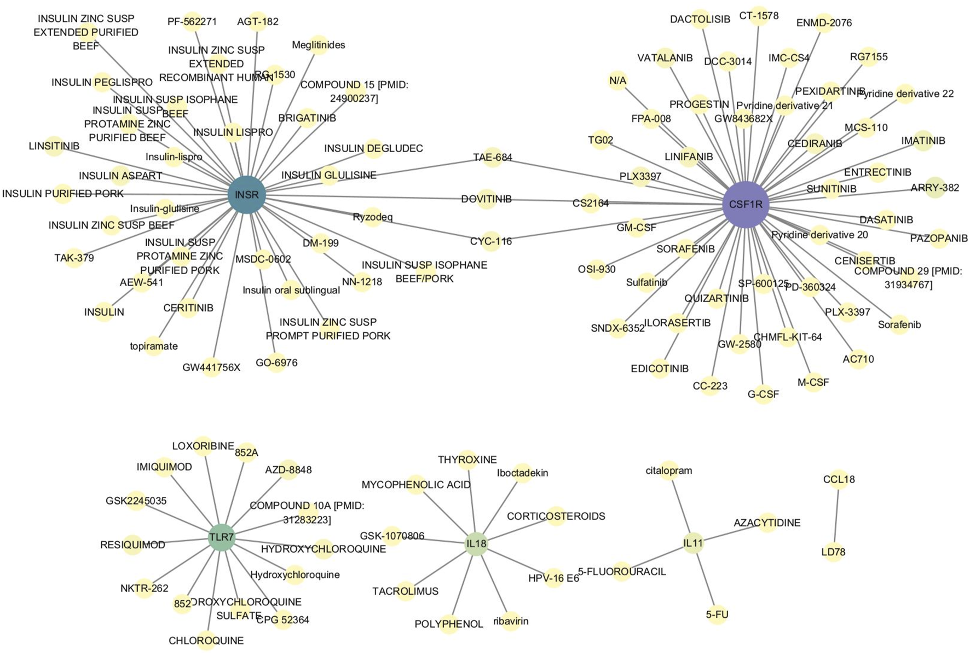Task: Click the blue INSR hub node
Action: [x=247, y=195]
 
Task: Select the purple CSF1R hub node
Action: [x=746, y=205]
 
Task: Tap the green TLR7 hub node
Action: [x=221, y=538]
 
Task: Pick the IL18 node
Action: [x=476, y=544]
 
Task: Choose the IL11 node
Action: [x=693, y=543]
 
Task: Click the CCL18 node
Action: [x=839, y=480]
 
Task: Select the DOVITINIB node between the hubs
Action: [x=486, y=199]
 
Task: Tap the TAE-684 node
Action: [x=493, y=158]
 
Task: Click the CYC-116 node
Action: [x=491, y=241]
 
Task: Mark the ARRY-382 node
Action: [x=935, y=188]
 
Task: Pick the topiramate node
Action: [x=154, y=346]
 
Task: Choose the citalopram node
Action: [x=669, y=471]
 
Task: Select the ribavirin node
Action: [x=510, y=621]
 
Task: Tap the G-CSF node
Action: [x=763, y=395]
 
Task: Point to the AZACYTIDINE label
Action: [x=767, y=523]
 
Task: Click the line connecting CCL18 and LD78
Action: [x=836, y=516]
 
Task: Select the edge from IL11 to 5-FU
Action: [x=705, y=578]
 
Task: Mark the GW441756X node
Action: [x=211, y=367]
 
